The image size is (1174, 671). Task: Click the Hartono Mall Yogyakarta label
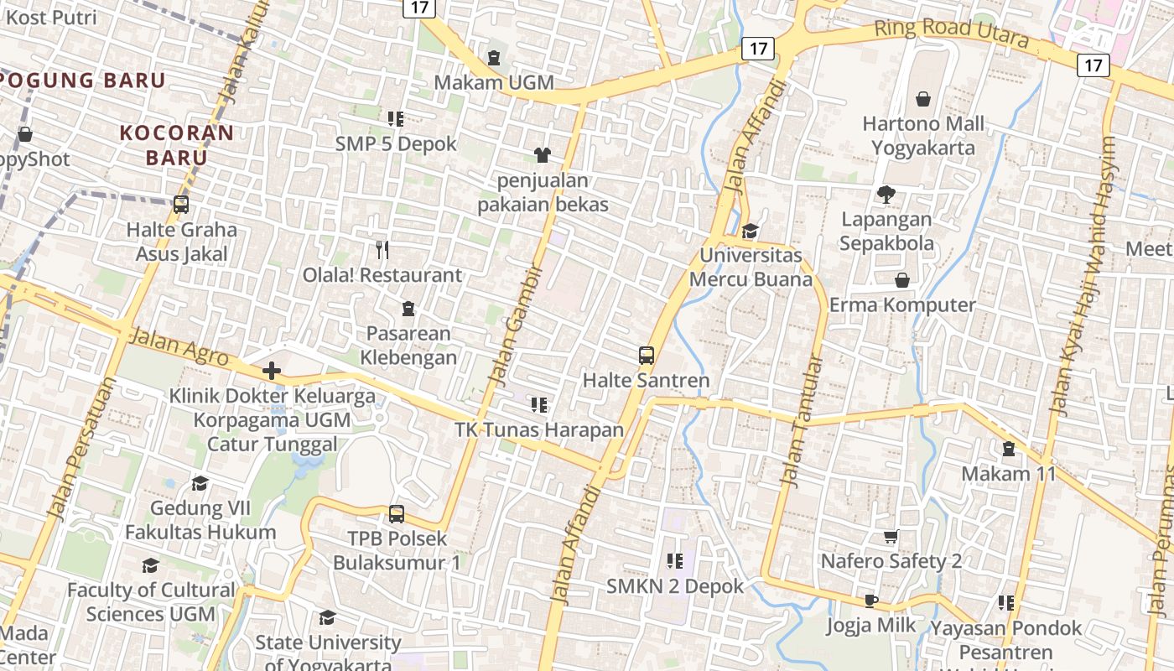pos(922,136)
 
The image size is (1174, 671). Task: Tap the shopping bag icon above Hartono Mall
pos(923,99)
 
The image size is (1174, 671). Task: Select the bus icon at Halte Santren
pos(646,355)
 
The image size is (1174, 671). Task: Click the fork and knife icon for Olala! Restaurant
pos(382,249)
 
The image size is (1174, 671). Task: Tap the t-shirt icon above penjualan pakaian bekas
pos(543,154)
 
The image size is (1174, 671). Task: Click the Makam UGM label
pos(494,82)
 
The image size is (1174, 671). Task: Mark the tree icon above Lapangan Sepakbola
pos(886,195)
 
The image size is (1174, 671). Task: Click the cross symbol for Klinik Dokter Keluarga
pos(272,370)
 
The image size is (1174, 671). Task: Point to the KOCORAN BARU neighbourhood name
pos(177,145)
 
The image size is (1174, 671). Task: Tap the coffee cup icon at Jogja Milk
pos(871,600)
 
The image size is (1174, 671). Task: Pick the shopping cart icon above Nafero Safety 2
pos(891,536)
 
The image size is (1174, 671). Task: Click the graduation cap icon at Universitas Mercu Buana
pos(750,230)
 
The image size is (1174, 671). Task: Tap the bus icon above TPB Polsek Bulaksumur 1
pos(397,513)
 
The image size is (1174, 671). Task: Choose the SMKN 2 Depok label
pos(675,585)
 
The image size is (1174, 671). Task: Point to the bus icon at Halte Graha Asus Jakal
pos(180,204)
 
